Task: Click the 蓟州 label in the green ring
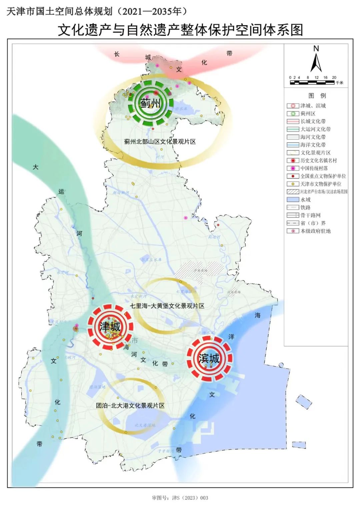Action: point(150,103)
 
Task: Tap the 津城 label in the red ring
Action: point(110,327)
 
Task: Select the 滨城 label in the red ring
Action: point(209,358)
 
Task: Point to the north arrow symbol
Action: point(316,60)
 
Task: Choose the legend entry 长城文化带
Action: point(313,121)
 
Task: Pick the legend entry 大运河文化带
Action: point(315,129)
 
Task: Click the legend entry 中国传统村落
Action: point(314,168)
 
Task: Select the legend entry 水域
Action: point(305,199)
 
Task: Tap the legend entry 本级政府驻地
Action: point(315,231)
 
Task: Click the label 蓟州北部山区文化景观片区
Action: point(160,141)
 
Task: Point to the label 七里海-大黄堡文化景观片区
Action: point(167,306)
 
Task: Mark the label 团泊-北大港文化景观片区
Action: point(130,406)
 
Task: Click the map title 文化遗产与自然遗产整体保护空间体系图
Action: point(180,30)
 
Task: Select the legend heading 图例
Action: point(317,96)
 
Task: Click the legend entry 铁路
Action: point(305,207)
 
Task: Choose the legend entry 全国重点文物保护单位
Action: point(323,176)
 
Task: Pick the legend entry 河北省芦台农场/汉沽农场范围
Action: point(324,192)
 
